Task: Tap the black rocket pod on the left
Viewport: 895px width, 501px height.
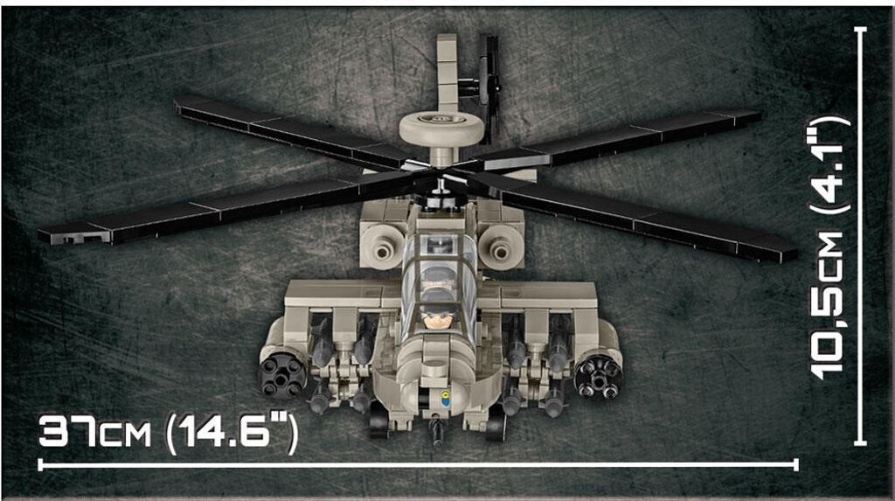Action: click(283, 374)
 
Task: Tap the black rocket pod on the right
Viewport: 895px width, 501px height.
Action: click(598, 376)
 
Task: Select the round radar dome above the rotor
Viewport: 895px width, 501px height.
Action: click(441, 129)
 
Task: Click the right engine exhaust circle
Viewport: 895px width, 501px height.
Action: click(501, 249)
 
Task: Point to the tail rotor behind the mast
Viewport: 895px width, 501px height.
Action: click(489, 86)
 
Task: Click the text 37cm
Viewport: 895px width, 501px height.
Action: click(94, 432)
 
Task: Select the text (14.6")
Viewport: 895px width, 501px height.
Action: click(231, 434)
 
